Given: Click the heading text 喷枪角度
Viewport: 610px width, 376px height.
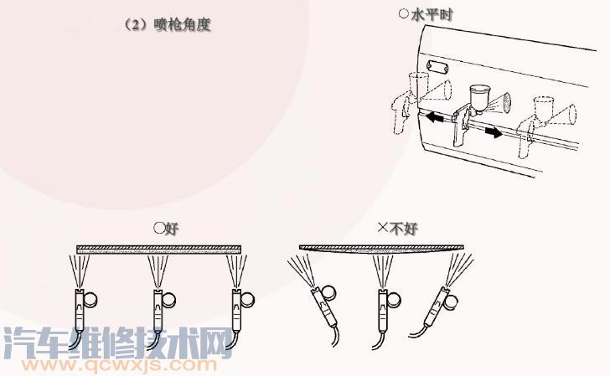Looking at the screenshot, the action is click(182, 25).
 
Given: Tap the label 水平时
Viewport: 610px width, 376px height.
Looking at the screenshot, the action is click(432, 15).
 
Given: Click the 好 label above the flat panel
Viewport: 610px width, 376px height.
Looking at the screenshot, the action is click(172, 229).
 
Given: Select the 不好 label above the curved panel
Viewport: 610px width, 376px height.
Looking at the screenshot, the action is click(403, 229).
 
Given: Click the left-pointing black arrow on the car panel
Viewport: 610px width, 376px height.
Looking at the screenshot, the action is click(434, 116).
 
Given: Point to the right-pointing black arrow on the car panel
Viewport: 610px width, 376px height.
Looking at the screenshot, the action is click(494, 133).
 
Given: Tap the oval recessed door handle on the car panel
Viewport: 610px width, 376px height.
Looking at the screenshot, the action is click(437, 68).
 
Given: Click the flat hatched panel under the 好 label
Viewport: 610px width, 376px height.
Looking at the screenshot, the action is click(158, 250).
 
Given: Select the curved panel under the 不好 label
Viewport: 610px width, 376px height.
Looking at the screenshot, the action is click(381, 249).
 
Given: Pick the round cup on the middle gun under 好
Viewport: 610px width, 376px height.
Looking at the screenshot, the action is click(169, 300).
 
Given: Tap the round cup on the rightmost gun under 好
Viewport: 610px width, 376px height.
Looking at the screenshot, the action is click(247, 300).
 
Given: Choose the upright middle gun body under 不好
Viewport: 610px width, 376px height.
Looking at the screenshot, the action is click(384, 310).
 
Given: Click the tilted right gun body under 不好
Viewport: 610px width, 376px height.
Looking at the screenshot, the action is click(436, 306).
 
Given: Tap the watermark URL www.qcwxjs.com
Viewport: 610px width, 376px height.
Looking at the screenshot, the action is click(119, 365).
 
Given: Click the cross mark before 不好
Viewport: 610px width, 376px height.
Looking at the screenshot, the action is click(383, 227).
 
